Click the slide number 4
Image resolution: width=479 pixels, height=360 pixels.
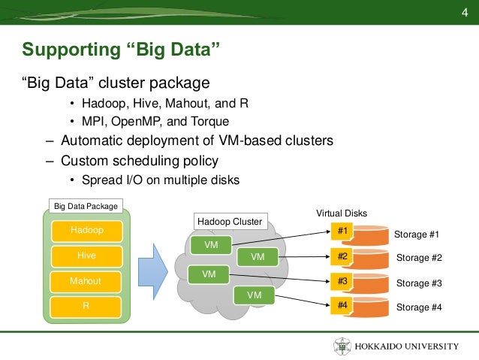[465, 13]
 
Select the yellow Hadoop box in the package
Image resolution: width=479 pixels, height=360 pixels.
[87, 231]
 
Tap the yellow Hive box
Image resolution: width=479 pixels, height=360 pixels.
[87, 256]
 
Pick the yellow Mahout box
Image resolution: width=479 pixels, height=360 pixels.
[86, 282]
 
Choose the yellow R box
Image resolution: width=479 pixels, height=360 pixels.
[86, 307]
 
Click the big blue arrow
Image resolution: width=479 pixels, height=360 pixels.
[153, 271]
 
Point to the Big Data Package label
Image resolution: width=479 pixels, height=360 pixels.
[86, 206]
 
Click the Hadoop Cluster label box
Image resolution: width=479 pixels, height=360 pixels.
[230, 222]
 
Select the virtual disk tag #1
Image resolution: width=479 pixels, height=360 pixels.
[342, 231]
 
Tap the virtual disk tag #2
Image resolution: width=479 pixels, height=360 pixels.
[342, 256]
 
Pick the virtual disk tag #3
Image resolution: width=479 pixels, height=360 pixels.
[342, 281]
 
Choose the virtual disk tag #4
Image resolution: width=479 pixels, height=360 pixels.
[342, 305]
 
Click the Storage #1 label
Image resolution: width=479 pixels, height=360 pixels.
[417, 234]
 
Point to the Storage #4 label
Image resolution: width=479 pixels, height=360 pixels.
[419, 307]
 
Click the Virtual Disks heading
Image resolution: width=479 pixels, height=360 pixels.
[342, 213]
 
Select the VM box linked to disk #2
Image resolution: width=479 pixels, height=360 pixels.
[258, 257]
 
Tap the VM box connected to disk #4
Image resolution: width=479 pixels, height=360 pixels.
[255, 295]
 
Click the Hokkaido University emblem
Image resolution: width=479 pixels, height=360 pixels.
[342, 346]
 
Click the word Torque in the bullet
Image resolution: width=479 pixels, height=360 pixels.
[210, 122]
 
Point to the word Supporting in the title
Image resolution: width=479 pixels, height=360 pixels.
[71, 50]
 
